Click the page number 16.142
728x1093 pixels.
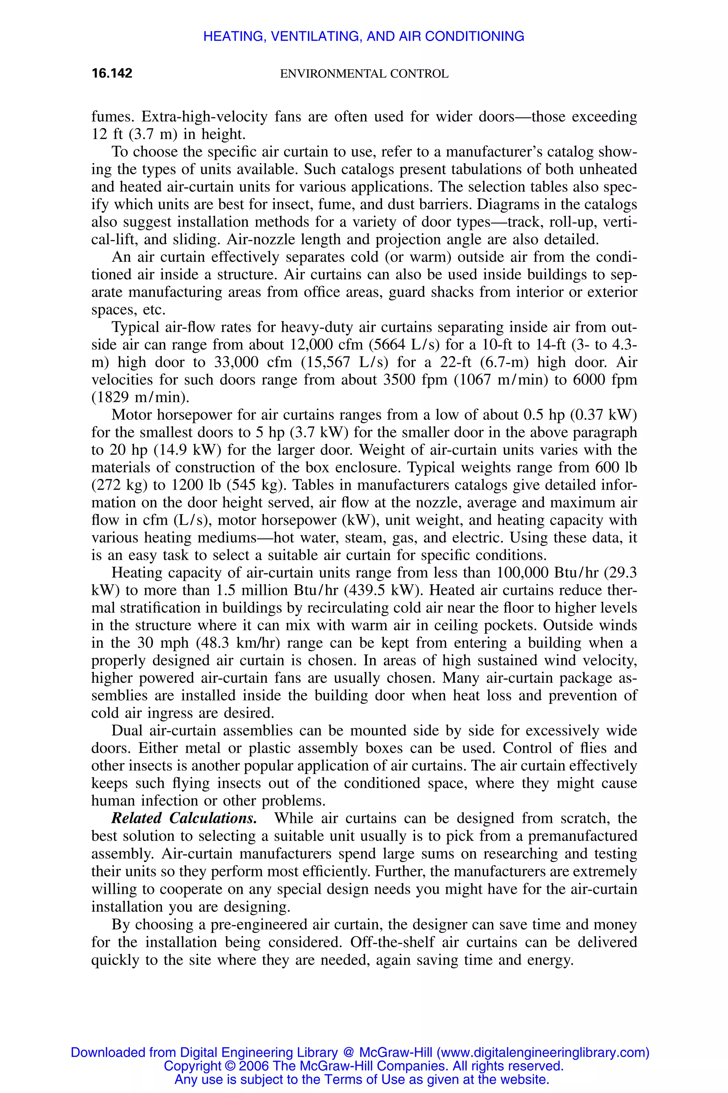pyautogui.click(x=112, y=73)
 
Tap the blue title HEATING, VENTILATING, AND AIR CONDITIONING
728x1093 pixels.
pyautogui.click(x=364, y=36)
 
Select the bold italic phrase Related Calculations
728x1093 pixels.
pyautogui.click(x=184, y=818)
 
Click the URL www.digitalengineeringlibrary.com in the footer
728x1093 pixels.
pyautogui.click(x=543, y=1052)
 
